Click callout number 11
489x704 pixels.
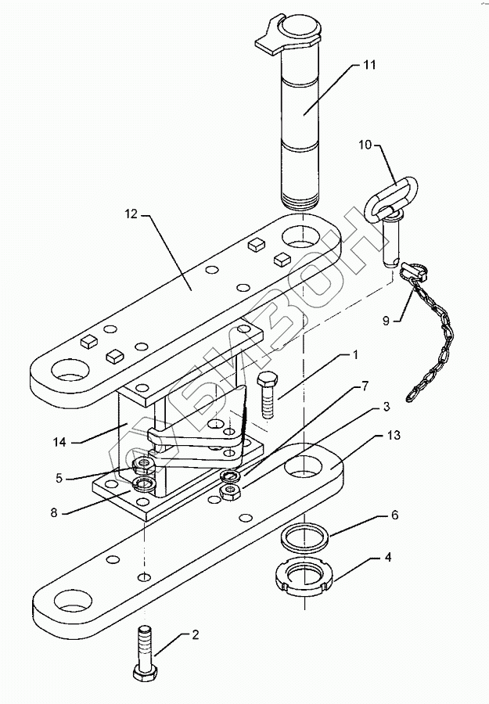click(x=369, y=65)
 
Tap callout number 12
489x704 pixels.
click(x=131, y=214)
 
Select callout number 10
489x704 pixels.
click(x=365, y=145)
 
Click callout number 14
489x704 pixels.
click(x=59, y=442)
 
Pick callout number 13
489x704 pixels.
click(x=394, y=435)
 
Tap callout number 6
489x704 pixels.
click(x=394, y=515)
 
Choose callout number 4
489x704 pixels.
click(x=388, y=557)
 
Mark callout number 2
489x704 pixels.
click(x=196, y=635)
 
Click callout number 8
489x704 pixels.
click(x=54, y=512)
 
